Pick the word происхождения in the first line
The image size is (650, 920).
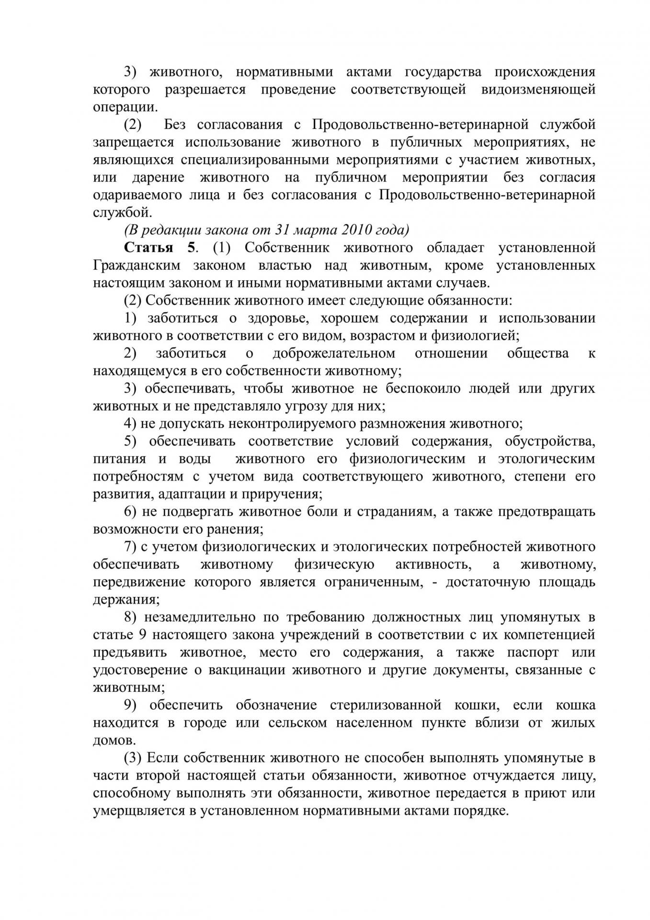click(x=545, y=72)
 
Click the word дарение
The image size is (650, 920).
click(x=158, y=177)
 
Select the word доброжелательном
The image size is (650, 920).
click(x=334, y=353)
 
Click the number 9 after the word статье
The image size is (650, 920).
click(x=142, y=635)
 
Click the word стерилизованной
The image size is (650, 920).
click(x=385, y=705)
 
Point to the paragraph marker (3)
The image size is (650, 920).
click(x=133, y=758)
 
